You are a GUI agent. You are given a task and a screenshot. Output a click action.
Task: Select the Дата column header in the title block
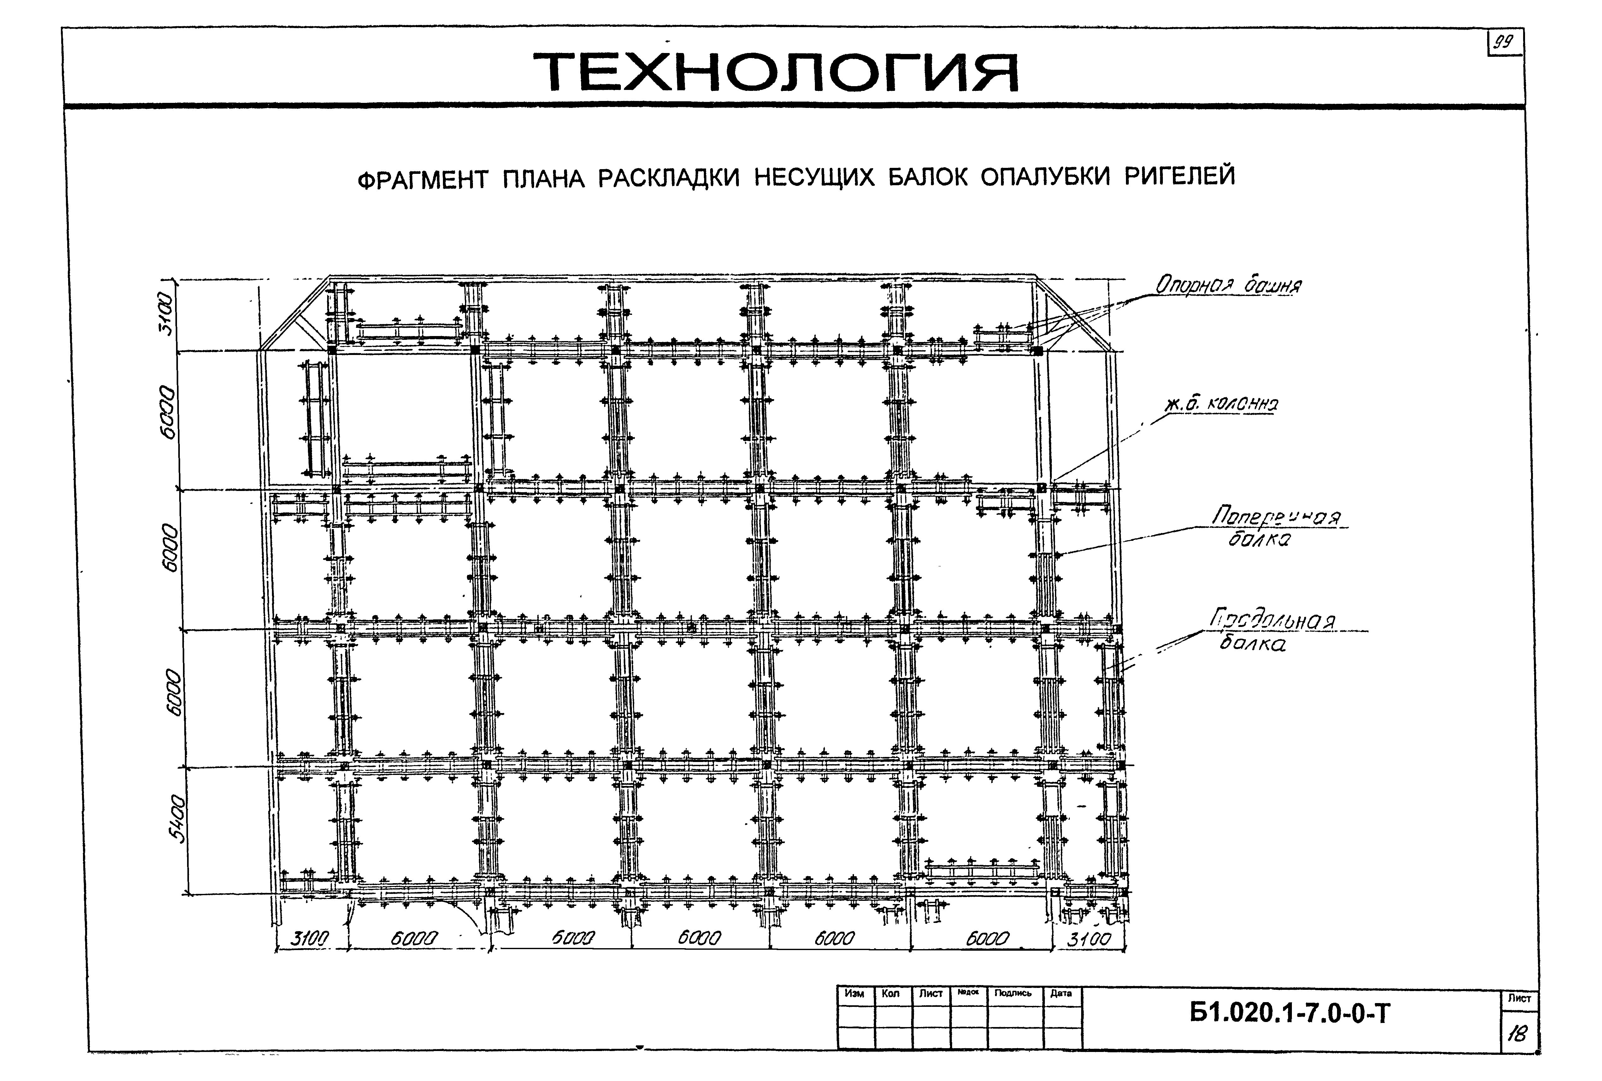(1062, 994)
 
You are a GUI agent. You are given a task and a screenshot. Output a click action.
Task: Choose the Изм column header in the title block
(855, 994)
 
